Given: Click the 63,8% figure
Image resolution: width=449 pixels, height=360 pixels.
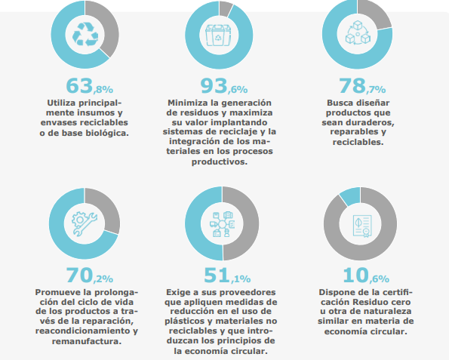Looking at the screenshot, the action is pyautogui.click(x=89, y=86).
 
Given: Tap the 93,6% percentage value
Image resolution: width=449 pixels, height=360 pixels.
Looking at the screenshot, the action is pyautogui.click(x=224, y=86).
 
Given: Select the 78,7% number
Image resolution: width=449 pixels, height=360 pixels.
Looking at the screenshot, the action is pyautogui.click(x=362, y=86).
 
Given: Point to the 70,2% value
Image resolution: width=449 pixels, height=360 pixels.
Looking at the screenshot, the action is pyautogui.click(x=89, y=275).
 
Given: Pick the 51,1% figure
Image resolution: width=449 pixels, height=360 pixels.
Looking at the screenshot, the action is pyautogui.click(x=227, y=275).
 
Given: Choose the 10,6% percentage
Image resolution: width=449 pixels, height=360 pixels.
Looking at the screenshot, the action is pyautogui.click(x=366, y=275).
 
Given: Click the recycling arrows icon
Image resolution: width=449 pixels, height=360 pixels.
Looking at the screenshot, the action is pyautogui.click(x=85, y=35).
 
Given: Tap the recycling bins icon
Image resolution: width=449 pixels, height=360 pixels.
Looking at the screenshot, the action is pyautogui.click(x=219, y=35).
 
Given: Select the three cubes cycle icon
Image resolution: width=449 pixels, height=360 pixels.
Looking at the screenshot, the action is pyautogui.click(x=358, y=32).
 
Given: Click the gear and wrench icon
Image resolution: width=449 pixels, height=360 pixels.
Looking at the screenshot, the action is pyautogui.click(x=85, y=223).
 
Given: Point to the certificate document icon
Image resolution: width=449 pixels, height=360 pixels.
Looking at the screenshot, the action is pyautogui.click(x=362, y=226).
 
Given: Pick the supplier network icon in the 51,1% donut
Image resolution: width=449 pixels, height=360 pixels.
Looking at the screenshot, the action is pyautogui.click(x=222, y=224).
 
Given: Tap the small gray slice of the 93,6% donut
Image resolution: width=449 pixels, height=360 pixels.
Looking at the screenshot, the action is pyautogui.click(x=226, y=8).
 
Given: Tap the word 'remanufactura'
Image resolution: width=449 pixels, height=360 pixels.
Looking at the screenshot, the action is pyautogui.click(x=87, y=341).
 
